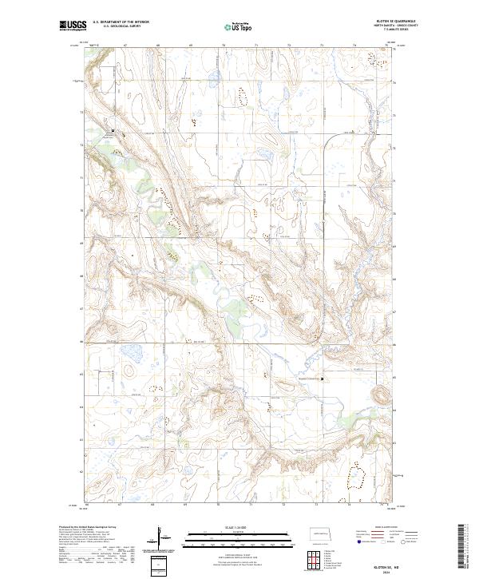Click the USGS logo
click(x=73, y=26)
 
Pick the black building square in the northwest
click(x=113, y=131)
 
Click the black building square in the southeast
click(x=323, y=379)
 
